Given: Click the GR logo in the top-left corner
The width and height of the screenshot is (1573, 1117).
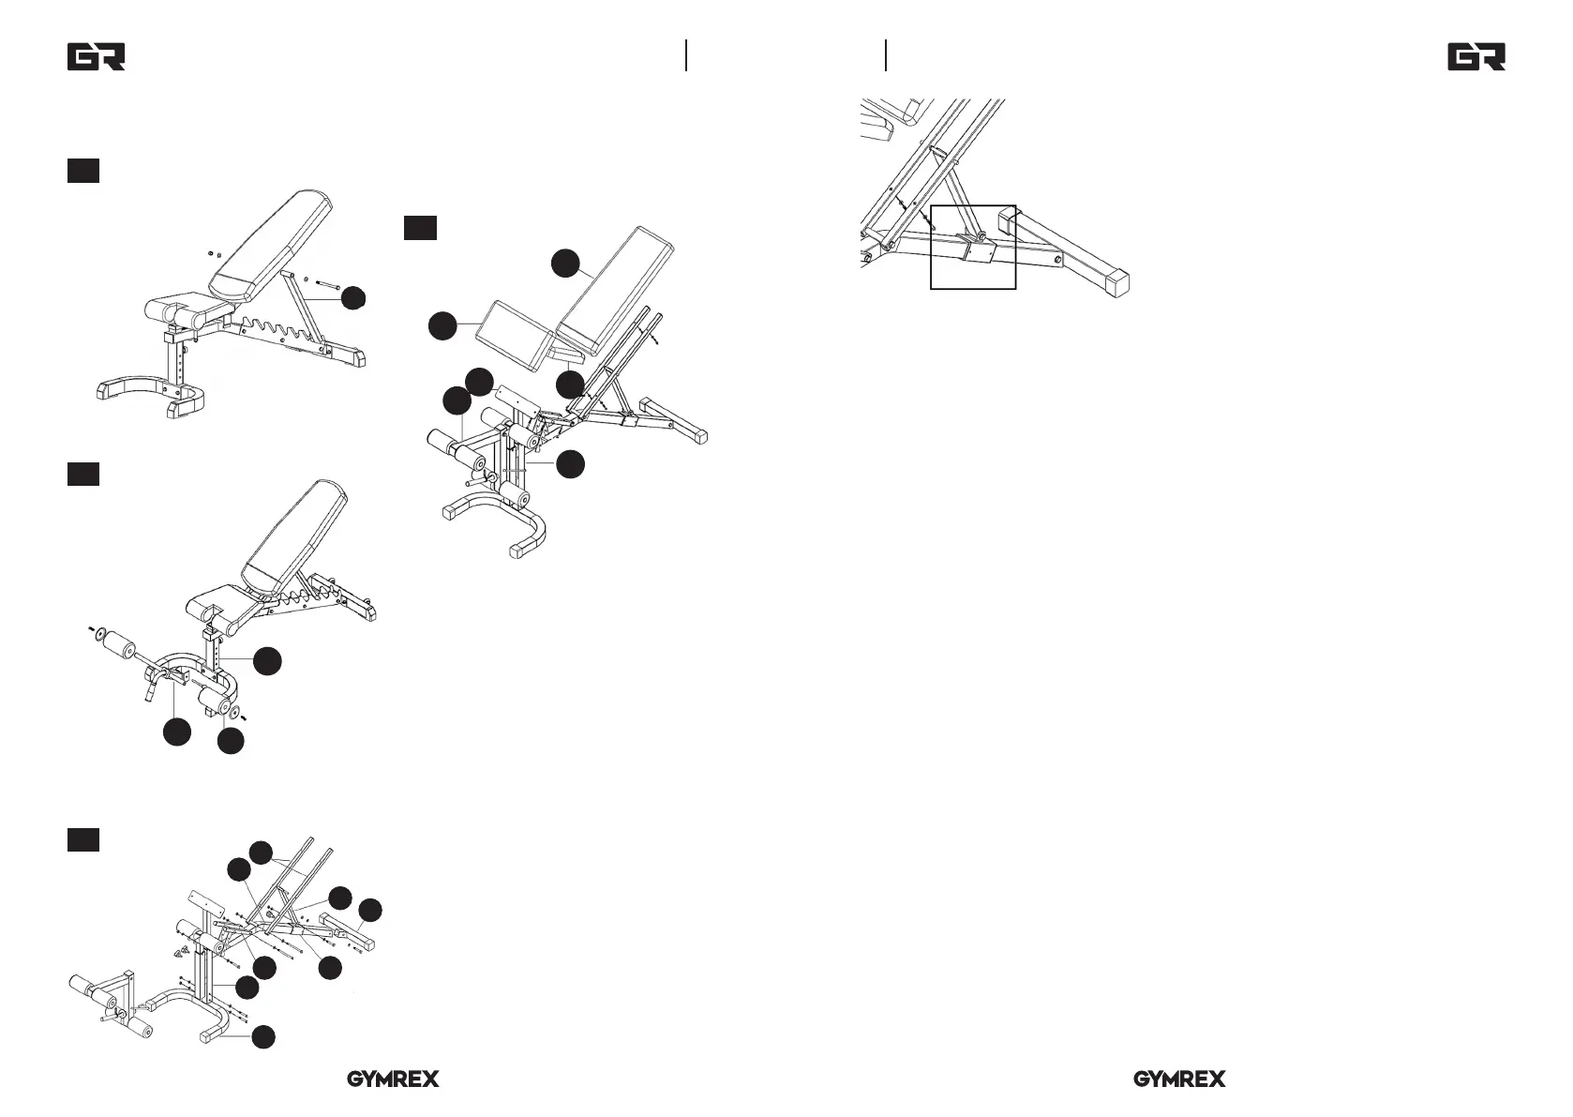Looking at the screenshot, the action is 97,57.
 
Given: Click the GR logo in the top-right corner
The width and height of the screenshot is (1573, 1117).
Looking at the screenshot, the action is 1476,57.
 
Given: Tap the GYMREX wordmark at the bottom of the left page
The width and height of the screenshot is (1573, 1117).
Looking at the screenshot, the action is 394,1079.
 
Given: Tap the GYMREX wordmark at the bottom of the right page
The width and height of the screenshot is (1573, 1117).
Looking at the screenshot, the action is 1179,1079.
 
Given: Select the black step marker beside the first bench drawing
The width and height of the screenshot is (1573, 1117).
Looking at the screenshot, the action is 83,171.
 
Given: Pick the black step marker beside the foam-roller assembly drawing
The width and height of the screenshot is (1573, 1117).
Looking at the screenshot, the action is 83,475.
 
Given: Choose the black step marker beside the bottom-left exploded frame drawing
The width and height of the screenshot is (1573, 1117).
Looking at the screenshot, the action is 83,839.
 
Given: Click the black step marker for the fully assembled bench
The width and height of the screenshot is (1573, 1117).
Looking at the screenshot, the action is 421,228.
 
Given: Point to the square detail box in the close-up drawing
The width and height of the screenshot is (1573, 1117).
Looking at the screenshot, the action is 973,248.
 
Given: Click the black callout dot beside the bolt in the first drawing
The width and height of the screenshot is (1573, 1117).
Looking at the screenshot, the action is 353,298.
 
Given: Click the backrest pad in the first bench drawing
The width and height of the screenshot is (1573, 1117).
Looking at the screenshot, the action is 270,246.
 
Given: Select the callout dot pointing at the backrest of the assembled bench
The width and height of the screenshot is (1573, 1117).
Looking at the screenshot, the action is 565,264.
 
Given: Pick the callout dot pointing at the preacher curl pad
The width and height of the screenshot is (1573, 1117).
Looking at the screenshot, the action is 442,326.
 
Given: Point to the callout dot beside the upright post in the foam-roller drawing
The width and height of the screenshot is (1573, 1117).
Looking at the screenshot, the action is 267,661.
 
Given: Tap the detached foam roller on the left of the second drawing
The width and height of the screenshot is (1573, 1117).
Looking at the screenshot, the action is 119,645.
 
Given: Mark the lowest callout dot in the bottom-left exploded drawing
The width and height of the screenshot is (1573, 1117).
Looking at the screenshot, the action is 263,1037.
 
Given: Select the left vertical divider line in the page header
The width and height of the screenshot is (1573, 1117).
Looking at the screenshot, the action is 686,55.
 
